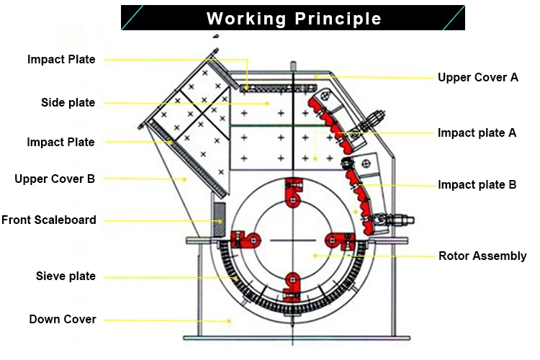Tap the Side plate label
pos(68,103)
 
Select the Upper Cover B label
pos(55,179)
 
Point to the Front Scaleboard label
pos(49,220)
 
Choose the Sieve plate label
pos(66,276)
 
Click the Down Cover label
pos(63,319)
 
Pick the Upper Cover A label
pos(478,77)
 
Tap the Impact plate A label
pos(477,132)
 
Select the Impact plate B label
pos(477,185)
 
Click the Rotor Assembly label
pos(482,256)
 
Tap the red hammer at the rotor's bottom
pos(292,285)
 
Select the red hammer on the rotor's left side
pos(245,239)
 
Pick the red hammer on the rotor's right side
pos(339,240)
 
